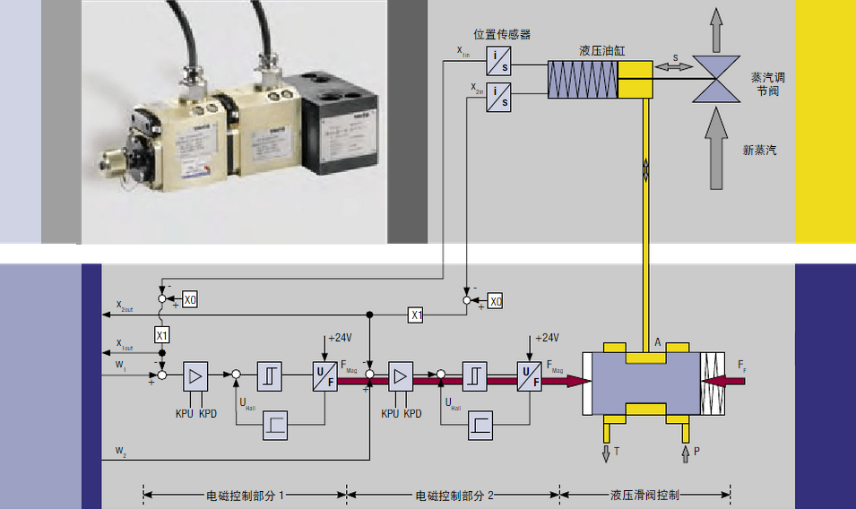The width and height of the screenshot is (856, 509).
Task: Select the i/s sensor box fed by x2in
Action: pyautogui.click(x=499, y=96)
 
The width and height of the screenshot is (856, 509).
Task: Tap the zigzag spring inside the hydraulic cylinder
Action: pyautogui.click(x=584, y=80)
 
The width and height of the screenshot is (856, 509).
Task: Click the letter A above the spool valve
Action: pyautogui.click(x=659, y=341)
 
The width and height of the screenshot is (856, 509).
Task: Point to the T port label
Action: pyautogui.click(x=618, y=452)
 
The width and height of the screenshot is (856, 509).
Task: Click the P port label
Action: pyautogui.click(x=696, y=452)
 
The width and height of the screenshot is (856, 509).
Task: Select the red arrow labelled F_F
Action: pyautogui.click(x=727, y=381)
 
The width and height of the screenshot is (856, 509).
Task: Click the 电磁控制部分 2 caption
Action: pyautogui.click(x=454, y=494)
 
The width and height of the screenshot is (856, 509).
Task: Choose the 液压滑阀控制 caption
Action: pyautogui.click(x=644, y=494)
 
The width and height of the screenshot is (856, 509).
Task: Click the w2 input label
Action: pyautogui.click(x=121, y=449)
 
